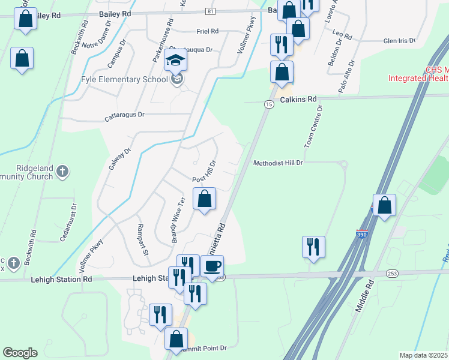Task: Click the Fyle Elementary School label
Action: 124,79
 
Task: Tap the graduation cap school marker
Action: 176,61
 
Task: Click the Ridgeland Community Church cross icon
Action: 62,173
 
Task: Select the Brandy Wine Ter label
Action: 178,220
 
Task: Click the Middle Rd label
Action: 364,298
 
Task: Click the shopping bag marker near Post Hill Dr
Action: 204,198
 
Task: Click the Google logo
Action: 20,353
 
